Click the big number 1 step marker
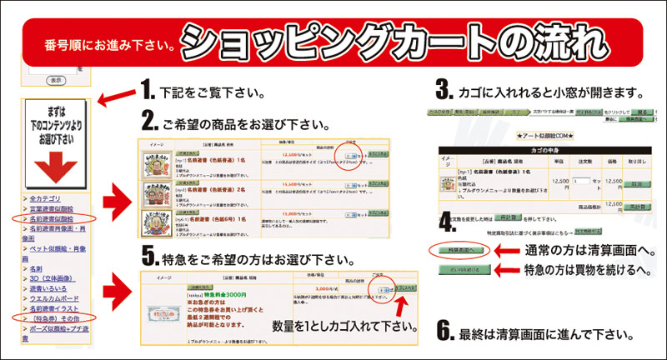point(147,90)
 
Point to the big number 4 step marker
point(448,222)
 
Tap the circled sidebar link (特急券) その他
point(53,317)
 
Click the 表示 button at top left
point(55,80)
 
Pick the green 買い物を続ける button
point(455,270)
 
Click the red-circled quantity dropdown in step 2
point(352,155)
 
